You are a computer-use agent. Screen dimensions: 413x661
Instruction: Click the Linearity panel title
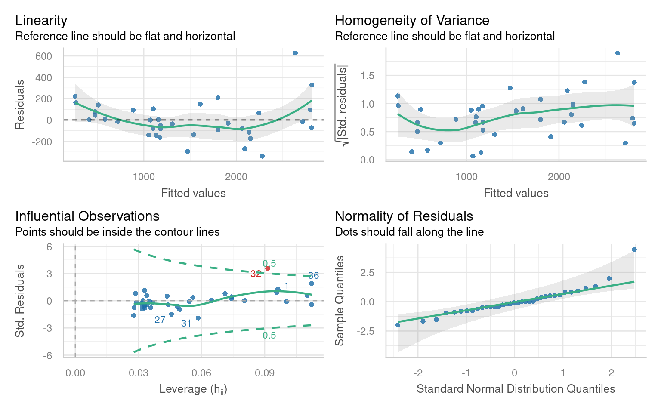pyautogui.click(x=41, y=21)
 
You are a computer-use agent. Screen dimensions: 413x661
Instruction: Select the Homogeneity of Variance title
pyautogui.click(x=412, y=21)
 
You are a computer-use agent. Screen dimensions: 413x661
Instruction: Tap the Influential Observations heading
pyautogui.click(x=87, y=216)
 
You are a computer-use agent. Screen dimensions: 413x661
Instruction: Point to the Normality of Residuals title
pyautogui.click(x=404, y=216)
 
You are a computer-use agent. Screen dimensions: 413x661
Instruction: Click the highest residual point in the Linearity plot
pyautogui.click(x=295, y=53)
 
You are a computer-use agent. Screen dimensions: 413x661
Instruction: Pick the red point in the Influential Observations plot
pyautogui.click(x=267, y=268)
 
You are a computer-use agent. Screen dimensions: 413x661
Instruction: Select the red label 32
pyautogui.click(x=256, y=274)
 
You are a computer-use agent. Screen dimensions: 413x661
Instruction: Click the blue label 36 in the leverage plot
pyautogui.click(x=313, y=276)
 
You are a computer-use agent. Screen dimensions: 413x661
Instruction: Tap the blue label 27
pyautogui.click(x=160, y=320)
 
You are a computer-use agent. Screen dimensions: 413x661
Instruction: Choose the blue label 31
pyautogui.click(x=186, y=324)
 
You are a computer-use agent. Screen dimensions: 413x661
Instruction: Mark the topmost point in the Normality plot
pyautogui.click(x=634, y=250)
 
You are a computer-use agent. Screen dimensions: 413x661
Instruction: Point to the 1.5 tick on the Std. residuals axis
pyautogui.click(x=368, y=76)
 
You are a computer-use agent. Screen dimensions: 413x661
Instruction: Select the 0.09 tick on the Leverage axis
pyautogui.click(x=264, y=373)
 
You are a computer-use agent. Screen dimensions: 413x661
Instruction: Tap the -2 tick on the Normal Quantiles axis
pyautogui.click(x=417, y=373)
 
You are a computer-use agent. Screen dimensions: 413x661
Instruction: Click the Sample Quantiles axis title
pyautogui.click(x=340, y=300)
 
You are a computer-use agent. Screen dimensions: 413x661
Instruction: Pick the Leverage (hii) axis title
pyautogui.click(x=193, y=389)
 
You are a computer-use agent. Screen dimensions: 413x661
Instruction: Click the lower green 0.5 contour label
pyautogui.click(x=269, y=336)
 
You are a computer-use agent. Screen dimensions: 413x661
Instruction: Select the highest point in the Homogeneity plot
pyautogui.click(x=618, y=53)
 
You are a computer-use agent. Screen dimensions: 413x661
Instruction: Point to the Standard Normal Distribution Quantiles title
pyautogui.click(x=516, y=389)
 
